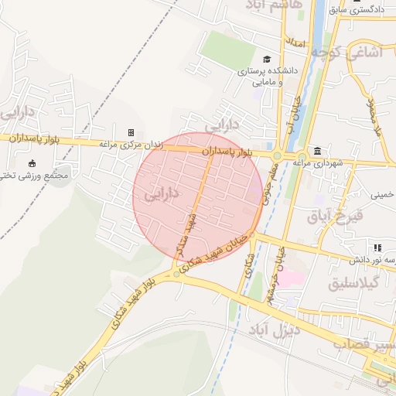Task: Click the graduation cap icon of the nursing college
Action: click(267, 60)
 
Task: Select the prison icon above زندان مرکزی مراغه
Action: click(131, 132)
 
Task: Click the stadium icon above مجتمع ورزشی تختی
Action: click(32, 163)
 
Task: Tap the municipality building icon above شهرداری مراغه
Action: click(317, 150)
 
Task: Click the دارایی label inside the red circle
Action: click(162, 193)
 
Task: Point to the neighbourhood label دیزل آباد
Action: click(274, 332)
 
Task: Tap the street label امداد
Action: click(296, 40)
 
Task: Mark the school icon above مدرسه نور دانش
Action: click(377, 247)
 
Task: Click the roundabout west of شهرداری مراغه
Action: click(277, 155)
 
